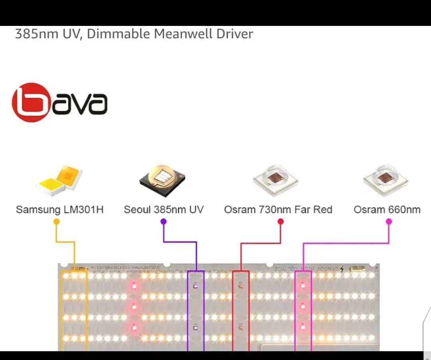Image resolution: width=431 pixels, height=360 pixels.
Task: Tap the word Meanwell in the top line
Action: [x=183, y=34]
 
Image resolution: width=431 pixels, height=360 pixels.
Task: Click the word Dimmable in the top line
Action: [x=119, y=34]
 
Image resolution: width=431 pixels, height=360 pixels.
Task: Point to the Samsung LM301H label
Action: [x=59, y=210]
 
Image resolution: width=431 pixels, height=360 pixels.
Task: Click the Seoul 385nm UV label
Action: [x=164, y=210]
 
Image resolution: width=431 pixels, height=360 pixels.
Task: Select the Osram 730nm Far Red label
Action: [x=278, y=210]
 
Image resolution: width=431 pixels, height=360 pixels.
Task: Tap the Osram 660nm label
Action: [x=387, y=210]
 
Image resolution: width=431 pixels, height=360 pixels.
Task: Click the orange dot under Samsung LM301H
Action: [x=56, y=222]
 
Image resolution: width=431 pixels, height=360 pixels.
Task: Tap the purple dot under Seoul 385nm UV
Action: [x=163, y=222]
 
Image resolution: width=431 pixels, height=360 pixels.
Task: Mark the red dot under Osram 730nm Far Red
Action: [x=280, y=222]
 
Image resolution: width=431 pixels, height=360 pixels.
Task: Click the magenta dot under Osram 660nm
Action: [x=389, y=222]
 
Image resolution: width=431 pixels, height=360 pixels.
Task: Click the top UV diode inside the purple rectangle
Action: [x=196, y=285]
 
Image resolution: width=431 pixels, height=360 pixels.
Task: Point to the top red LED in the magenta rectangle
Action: [x=302, y=285]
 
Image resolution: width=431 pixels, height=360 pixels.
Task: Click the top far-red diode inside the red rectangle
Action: [x=240, y=285]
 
